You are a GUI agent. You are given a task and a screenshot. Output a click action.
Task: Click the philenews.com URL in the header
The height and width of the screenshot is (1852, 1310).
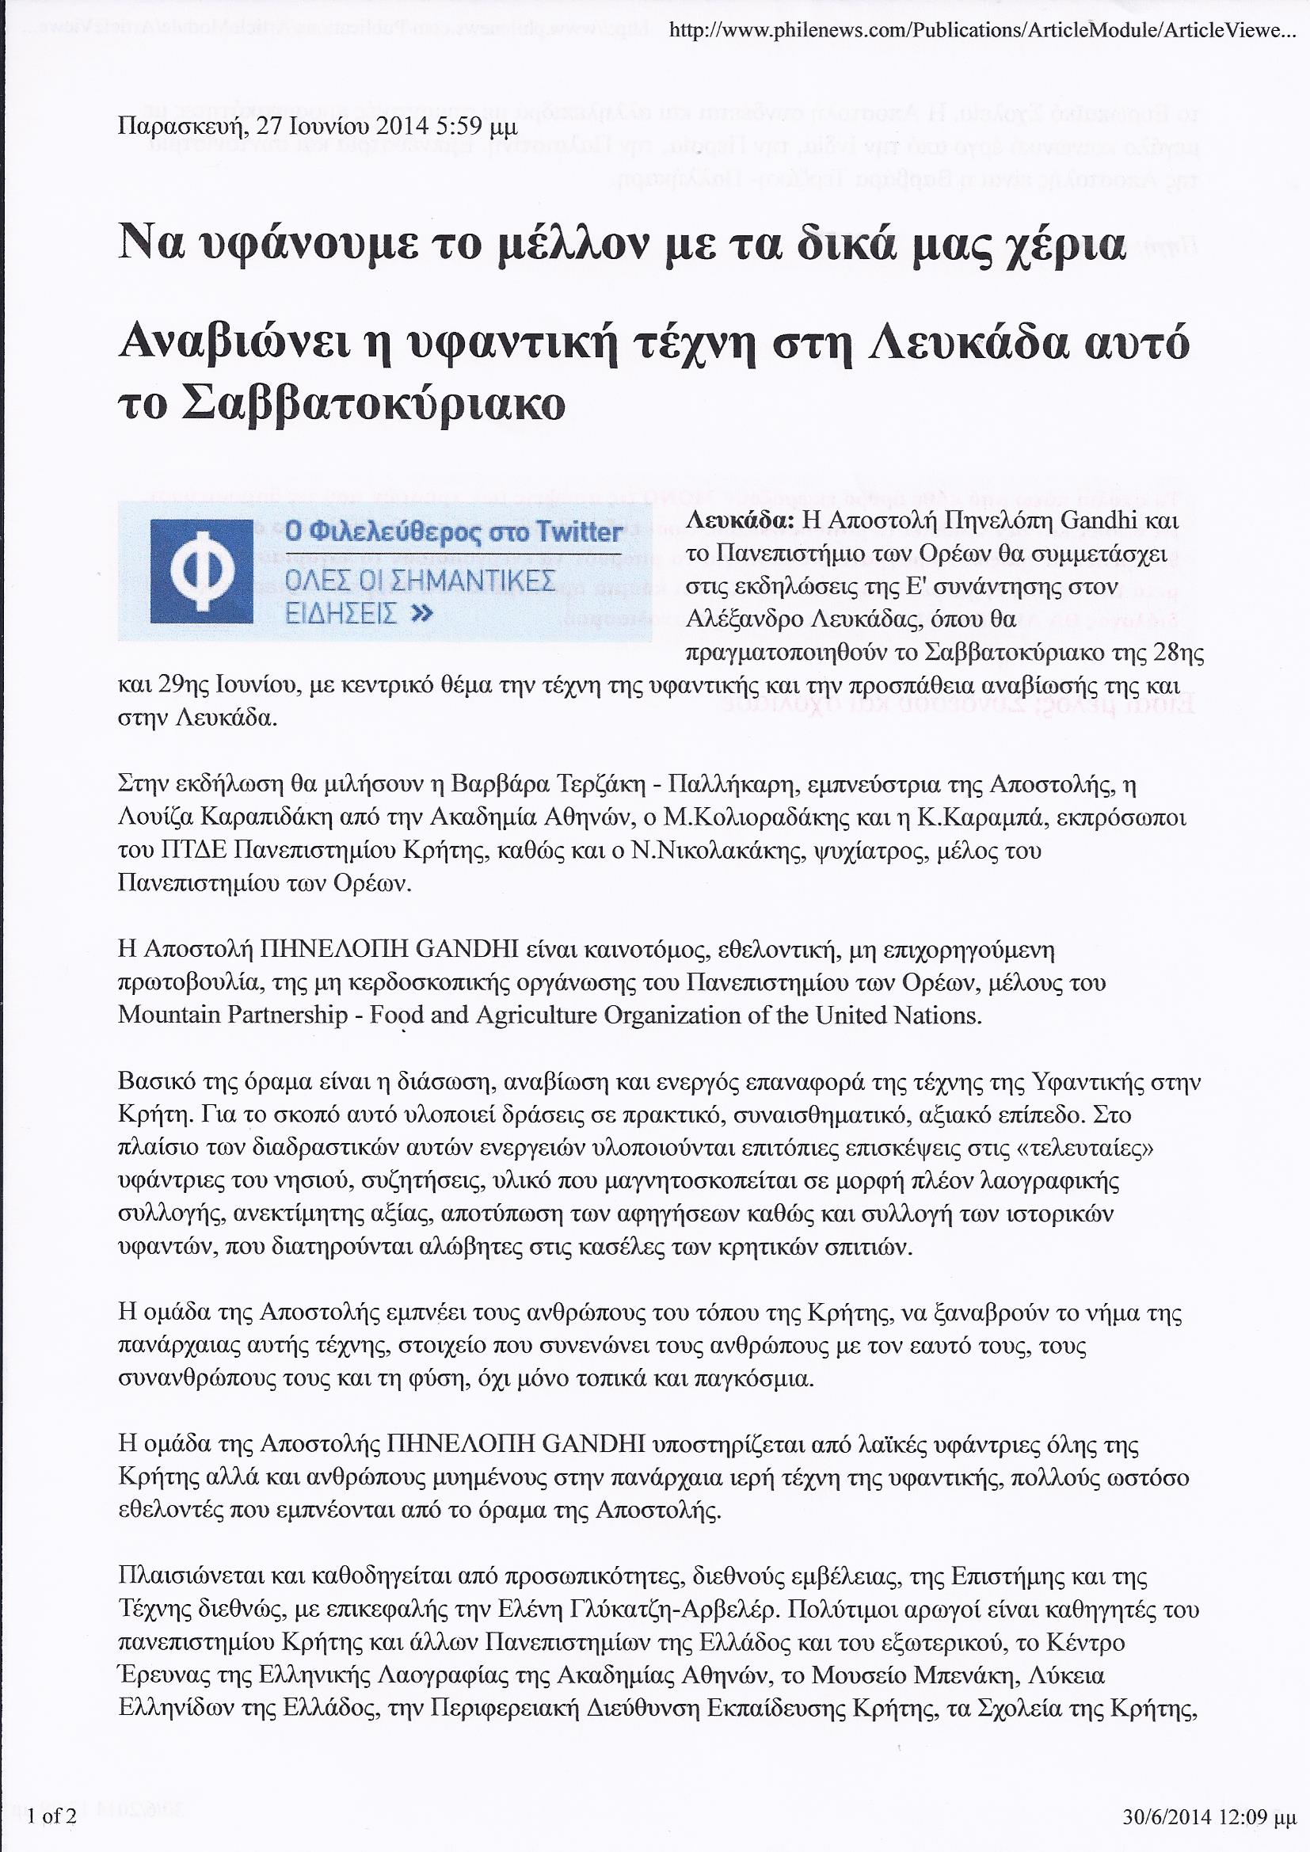[x=986, y=32]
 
